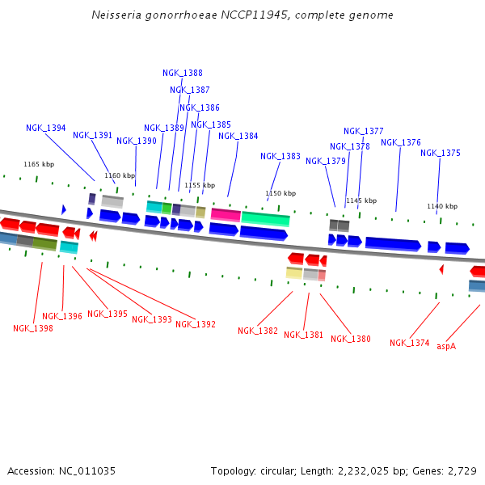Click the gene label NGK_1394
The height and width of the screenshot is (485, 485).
coord(46,128)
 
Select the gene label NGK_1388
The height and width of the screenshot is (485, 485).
coord(183,73)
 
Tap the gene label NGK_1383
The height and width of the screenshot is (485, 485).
coord(280,156)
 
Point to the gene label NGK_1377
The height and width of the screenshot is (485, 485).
coord(364,131)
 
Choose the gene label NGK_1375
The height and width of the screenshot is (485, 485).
coord(441,153)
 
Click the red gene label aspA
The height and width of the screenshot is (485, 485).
coord(446,346)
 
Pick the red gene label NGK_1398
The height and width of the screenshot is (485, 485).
coord(33,328)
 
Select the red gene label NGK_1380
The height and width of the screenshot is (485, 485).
coord(351,339)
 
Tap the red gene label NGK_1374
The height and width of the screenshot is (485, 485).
coord(410,343)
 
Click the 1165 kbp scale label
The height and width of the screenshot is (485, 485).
coord(39,164)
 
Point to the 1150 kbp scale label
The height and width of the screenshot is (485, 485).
coord(280,193)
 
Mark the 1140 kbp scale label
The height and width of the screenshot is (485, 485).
coord(442,206)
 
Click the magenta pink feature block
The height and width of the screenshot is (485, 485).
coord(226,214)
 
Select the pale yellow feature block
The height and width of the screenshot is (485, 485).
coord(294,273)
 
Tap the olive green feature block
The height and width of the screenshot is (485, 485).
coord(44,243)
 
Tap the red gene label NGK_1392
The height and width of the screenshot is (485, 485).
coord(196,324)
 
